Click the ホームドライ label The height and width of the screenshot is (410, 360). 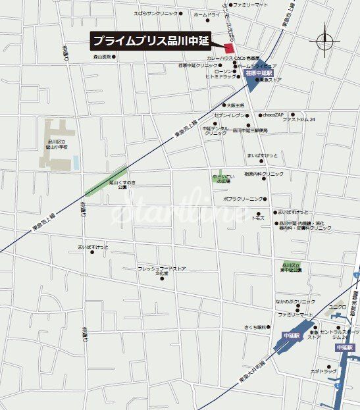[207, 14]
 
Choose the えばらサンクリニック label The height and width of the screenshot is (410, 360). [156, 13]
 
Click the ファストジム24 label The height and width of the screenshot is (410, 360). [299, 120]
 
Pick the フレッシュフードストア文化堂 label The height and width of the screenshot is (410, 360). [162, 270]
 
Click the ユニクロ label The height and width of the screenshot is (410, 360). [338, 307]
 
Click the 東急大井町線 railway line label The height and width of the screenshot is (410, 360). [251, 372]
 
